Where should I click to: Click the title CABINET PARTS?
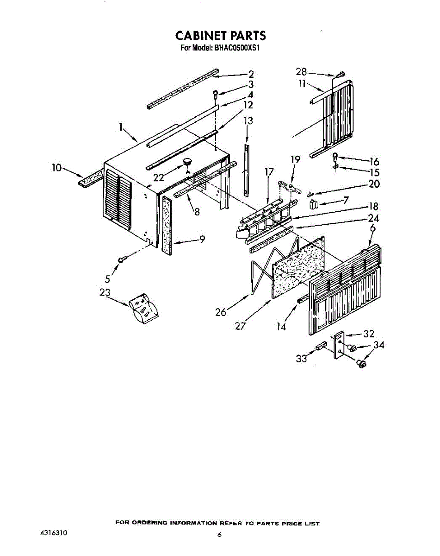220,36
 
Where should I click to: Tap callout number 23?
105,293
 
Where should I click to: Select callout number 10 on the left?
56,168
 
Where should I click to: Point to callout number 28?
301,72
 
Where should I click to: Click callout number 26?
221,312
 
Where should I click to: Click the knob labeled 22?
188,162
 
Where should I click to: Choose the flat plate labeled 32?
339,345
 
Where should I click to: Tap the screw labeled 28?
341,74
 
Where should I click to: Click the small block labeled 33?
320,346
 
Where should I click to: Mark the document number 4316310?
54,533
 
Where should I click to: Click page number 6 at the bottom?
220,535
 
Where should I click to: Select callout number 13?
248,121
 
